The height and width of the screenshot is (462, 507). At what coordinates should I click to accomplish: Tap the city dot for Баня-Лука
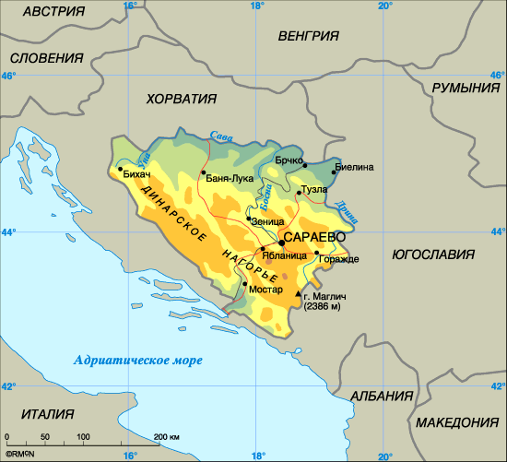pos(203,172)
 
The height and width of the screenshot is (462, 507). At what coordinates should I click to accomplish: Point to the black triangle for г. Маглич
pos(298,293)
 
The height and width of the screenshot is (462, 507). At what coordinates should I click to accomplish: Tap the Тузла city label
pos(313,189)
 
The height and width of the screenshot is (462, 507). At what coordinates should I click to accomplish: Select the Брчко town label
pos(289,160)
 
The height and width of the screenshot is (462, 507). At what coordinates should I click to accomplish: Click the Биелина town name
pos(356,167)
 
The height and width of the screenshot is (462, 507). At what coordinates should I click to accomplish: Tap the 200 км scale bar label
pos(167,435)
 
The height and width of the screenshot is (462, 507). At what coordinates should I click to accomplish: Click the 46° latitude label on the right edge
pos(497,77)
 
